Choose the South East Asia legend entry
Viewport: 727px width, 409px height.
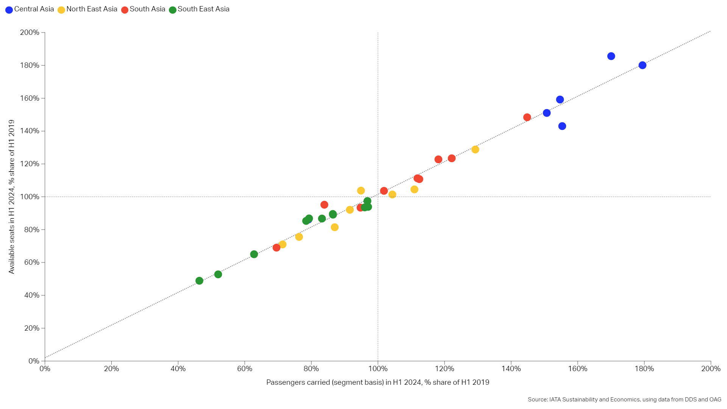click(x=199, y=9)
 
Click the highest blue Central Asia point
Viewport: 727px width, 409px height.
click(x=611, y=56)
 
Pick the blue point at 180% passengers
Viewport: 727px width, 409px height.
click(x=643, y=65)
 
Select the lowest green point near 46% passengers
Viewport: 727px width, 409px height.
click(x=200, y=281)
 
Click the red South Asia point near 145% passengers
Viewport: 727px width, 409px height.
click(x=527, y=117)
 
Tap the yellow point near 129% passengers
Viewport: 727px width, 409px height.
click(x=475, y=150)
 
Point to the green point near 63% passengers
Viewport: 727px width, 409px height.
click(x=254, y=254)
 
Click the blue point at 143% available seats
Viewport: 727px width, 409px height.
click(x=562, y=126)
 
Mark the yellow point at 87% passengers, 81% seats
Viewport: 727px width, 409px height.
click(x=335, y=227)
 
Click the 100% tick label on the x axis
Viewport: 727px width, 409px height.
click(x=378, y=369)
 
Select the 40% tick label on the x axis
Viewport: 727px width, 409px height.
click(x=178, y=369)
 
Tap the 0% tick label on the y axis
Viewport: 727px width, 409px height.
click(x=33, y=361)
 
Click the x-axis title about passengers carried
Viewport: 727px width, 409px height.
click(x=378, y=382)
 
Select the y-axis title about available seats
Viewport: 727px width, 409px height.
click(x=11, y=197)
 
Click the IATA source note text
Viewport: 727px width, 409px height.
click(x=624, y=400)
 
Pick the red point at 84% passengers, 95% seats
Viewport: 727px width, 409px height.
click(x=324, y=204)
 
